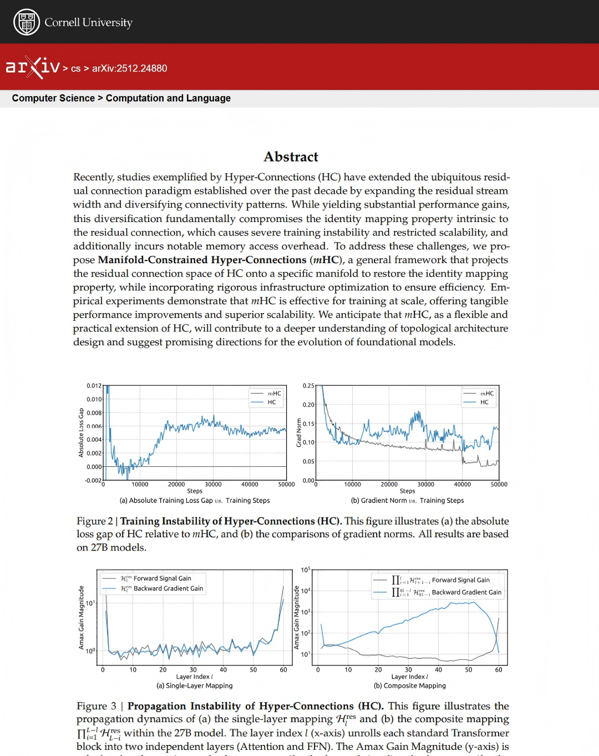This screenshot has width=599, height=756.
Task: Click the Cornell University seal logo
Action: [x=26, y=22]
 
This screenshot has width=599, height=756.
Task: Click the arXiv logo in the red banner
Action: [x=32, y=68]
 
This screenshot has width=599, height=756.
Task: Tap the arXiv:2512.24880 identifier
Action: [x=129, y=68]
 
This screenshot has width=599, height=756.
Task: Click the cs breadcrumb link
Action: [x=75, y=69]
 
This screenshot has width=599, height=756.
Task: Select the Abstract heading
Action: [x=291, y=157]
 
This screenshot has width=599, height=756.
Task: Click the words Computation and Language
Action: [x=168, y=98]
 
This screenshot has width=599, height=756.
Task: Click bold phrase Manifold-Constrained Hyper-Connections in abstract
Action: [x=202, y=260]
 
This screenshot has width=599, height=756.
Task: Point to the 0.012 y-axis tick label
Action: [x=94, y=386]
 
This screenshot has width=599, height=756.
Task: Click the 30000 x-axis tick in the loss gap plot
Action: [x=213, y=485]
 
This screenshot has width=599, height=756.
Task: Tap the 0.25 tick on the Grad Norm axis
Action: [x=308, y=386]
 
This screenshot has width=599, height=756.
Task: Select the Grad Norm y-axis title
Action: [x=299, y=433]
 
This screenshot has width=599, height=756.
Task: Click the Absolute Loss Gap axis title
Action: [x=81, y=433]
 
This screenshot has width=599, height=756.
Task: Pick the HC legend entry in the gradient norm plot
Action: [x=484, y=402]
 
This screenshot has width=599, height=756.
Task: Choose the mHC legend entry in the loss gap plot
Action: [x=274, y=394]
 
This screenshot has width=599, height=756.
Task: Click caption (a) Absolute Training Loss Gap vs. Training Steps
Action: [x=195, y=501]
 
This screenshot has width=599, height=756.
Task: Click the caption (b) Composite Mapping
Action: [x=410, y=686]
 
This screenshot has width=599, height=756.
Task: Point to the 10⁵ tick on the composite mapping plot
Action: [x=306, y=570]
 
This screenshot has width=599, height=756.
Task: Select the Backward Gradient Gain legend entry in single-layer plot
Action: [x=168, y=588]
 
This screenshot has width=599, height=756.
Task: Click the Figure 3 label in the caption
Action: [x=97, y=706]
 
